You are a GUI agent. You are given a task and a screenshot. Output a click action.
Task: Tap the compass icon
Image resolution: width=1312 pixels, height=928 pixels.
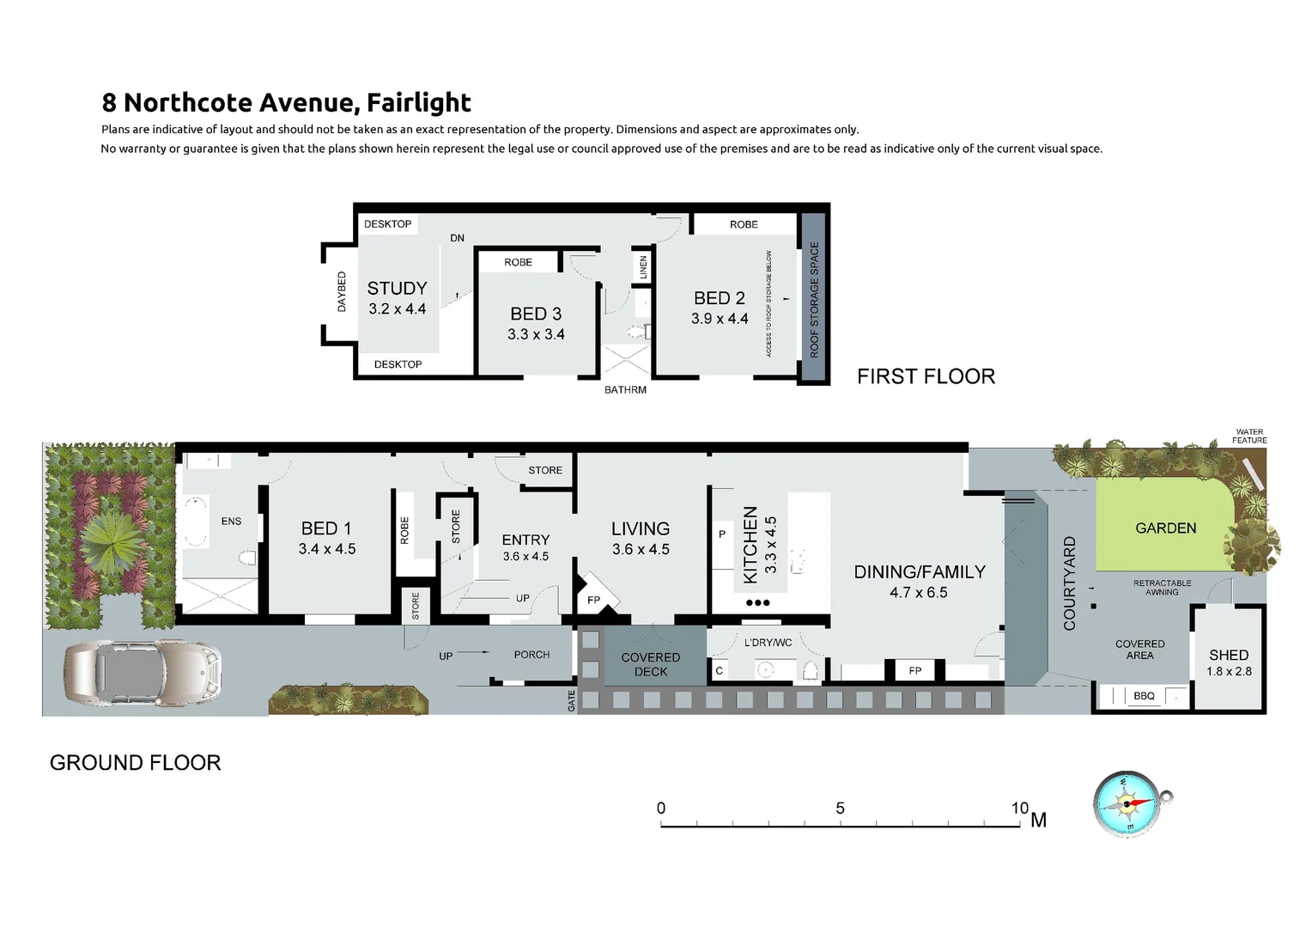1128,804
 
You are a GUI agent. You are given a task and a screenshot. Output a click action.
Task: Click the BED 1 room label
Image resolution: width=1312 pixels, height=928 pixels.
326,528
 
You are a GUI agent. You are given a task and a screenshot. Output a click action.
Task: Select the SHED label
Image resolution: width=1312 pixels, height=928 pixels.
1229,655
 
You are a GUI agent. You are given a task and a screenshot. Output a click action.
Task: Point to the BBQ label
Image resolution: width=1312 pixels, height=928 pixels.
1144,696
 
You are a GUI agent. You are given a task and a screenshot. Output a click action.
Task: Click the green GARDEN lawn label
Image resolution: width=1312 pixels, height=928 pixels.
1165,528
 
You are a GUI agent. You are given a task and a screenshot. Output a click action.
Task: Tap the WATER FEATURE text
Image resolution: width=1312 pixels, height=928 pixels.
1249,437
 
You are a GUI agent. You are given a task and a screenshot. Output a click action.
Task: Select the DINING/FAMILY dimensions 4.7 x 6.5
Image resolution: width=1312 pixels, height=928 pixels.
919,592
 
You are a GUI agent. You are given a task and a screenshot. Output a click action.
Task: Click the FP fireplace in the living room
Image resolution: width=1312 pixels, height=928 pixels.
594,600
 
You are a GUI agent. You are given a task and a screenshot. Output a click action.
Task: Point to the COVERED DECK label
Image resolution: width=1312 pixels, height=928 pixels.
650,664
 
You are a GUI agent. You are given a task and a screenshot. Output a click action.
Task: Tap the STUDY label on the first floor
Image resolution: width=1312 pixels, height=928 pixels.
397,289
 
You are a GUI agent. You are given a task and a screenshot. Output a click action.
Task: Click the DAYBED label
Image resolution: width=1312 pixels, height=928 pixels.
342,291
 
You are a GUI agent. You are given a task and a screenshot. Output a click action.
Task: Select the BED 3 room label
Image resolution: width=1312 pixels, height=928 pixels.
536,314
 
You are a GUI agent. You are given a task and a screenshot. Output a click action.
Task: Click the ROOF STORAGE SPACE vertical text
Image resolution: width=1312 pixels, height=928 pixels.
814,299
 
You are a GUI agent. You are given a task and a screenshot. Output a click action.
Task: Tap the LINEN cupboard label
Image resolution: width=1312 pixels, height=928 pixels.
643,267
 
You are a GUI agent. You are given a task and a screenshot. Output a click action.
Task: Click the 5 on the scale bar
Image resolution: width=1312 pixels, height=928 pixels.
840,808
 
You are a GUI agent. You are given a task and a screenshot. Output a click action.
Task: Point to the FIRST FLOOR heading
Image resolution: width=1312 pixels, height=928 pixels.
926,376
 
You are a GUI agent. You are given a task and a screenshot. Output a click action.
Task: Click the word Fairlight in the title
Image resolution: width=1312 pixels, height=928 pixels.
418,103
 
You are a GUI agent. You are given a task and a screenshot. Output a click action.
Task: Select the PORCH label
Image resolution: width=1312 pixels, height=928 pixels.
531,655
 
